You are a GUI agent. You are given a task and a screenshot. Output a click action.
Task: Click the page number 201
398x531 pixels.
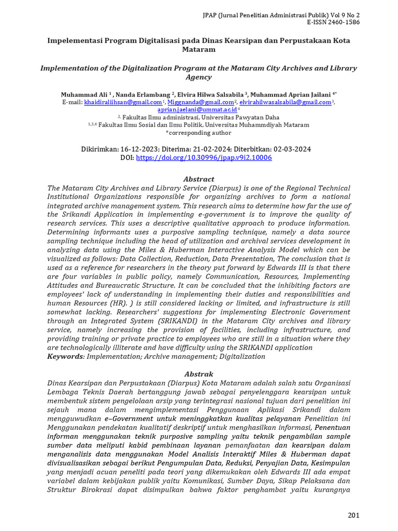pyautogui.click(x=353, y=515)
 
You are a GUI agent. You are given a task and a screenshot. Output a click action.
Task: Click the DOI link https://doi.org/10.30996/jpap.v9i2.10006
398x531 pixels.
pyautogui.click(x=204, y=158)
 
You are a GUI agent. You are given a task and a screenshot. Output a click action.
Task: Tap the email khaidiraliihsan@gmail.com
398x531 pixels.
pyautogui.click(x=122, y=103)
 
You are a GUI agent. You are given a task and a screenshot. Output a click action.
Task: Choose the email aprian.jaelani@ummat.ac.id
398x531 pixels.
pyautogui.click(x=197, y=110)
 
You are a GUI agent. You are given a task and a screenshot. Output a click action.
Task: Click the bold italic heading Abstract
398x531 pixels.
pyautogui.click(x=199, y=179)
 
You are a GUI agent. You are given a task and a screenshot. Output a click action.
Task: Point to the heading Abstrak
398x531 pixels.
pyautogui.click(x=199, y=374)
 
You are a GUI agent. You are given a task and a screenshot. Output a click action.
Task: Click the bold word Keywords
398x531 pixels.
pyautogui.click(x=65, y=357)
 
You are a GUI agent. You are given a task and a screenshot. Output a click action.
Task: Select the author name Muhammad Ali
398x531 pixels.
pyautogui.click(x=84, y=95)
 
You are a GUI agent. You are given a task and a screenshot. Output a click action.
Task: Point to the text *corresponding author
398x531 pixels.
pyautogui.click(x=199, y=133)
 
